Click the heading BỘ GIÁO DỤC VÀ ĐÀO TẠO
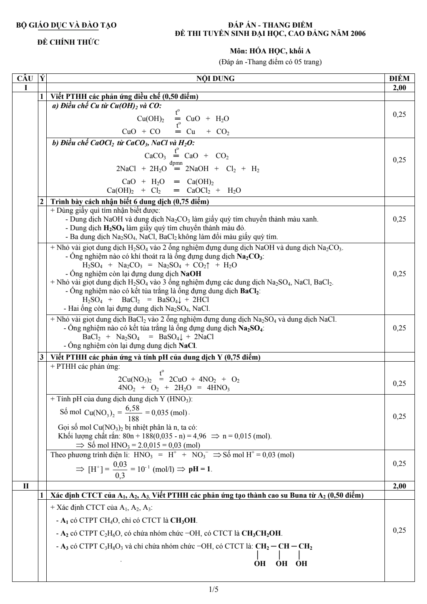tap(66, 25)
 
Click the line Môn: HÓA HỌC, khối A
tap(270, 51)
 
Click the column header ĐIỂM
tap(399, 78)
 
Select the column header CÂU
tap(25, 78)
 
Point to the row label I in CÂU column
tap(25, 88)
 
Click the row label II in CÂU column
tap(25, 486)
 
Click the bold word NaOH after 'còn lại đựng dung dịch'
tap(191, 274)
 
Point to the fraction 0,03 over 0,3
tap(120, 470)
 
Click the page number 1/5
tap(213, 589)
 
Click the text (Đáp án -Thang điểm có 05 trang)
tap(270, 63)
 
